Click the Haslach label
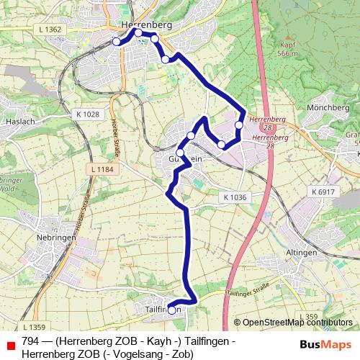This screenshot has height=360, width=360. pyautogui.click(x=20, y=122)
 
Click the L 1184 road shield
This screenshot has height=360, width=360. pyautogui.click(x=103, y=169)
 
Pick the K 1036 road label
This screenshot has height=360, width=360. pyautogui.click(x=235, y=197)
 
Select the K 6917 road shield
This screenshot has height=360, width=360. pyautogui.click(x=324, y=192)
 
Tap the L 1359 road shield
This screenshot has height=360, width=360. pyautogui.click(x=33, y=327)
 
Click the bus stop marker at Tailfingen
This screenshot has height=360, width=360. pyautogui.click(x=171, y=310)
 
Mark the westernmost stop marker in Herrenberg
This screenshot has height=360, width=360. pyautogui.click(x=117, y=42)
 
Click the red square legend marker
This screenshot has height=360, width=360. pyautogui.click(x=10, y=346)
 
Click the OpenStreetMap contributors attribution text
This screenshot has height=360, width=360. pyautogui.click(x=297, y=323)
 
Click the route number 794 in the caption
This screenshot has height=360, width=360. pyautogui.click(x=31, y=341)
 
